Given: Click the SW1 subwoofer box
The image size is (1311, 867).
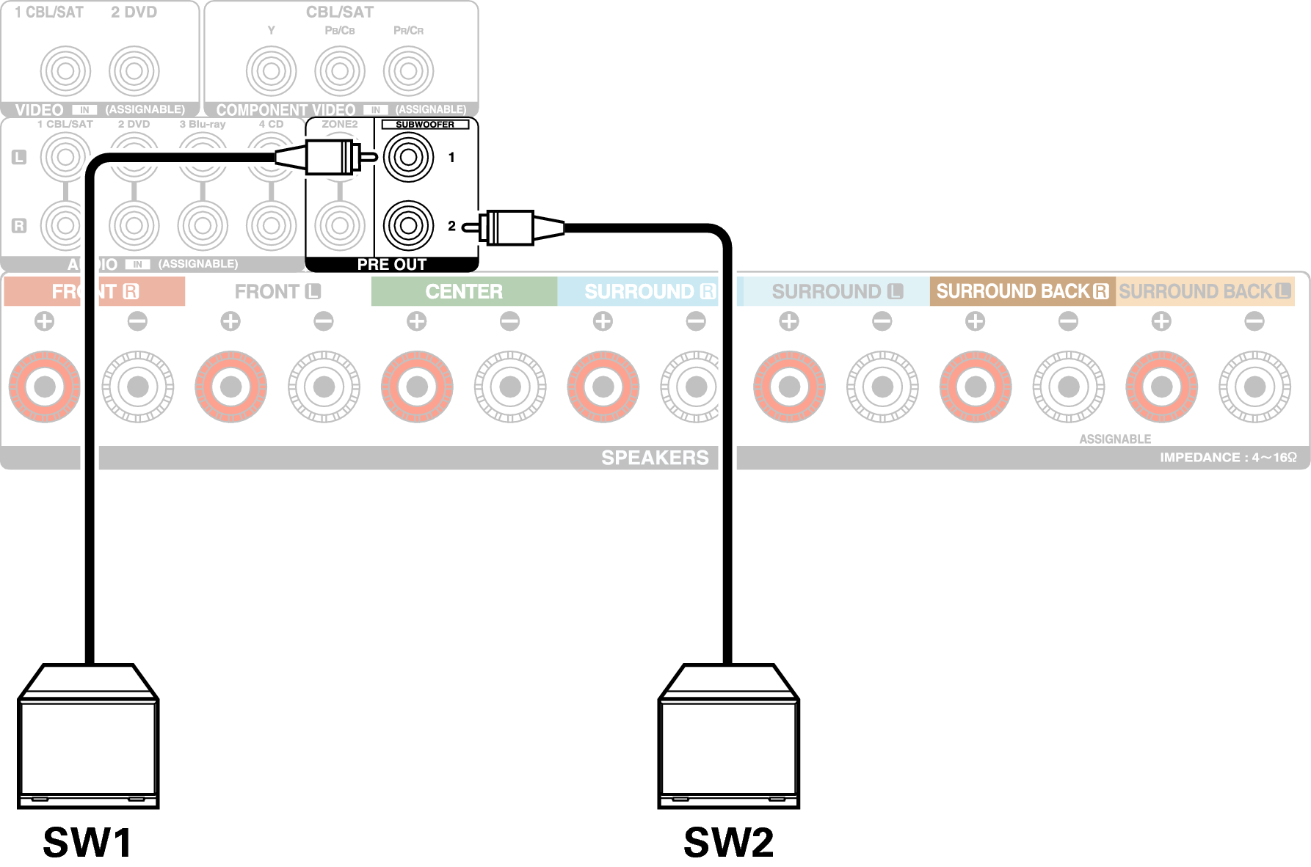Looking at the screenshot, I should pyautogui.click(x=88, y=741).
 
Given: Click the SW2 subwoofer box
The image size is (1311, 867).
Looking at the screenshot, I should pyautogui.click(x=728, y=741).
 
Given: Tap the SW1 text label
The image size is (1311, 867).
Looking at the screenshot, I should pyautogui.click(x=87, y=842).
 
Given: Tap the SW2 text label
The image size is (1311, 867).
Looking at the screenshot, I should pyautogui.click(x=728, y=842).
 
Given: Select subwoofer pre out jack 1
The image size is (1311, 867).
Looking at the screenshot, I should pyautogui.click(x=409, y=157).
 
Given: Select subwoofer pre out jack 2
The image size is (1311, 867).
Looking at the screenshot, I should pyautogui.click(x=409, y=226).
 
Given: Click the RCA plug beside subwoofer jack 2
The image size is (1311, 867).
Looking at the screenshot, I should pyautogui.click(x=514, y=227).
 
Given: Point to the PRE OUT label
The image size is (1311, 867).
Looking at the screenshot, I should pyautogui.click(x=391, y=264).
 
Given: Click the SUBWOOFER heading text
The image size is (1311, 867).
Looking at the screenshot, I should pyautogui.click(x=425, y=125).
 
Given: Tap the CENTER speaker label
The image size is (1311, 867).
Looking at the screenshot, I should pyautogui.click(x=464, y=292).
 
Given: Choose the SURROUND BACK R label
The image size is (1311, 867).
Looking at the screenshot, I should pyautogui.click(x=1022, y=292).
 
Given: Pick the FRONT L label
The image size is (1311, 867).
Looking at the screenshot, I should pyautogui.click(x=277, y=292).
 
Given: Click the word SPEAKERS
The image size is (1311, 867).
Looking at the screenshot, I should pyautogui.click(x=655, y=458).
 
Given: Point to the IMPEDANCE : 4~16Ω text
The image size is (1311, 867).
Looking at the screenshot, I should pyautogui.click(x=1227, y=458).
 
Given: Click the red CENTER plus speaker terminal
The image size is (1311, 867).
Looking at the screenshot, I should pyautogui.click(x=417, y=387).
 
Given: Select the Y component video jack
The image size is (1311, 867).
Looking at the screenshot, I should pyautogui.click(x=272, y=71).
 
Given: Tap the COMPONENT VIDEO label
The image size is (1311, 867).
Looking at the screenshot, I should pyautogui.click(x=286, y=110).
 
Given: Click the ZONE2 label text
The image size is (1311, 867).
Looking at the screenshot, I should pyautogui.click(x=340, y=125).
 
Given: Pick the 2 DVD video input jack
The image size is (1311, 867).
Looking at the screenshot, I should pyautogui.click(x=134, y=71).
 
